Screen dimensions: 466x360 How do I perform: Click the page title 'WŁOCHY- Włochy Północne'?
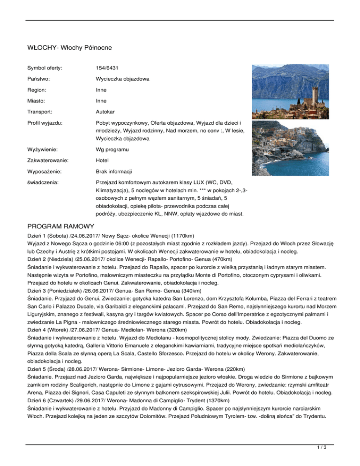[x=68, y=47]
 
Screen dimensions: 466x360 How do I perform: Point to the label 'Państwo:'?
[x=40, y=80]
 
